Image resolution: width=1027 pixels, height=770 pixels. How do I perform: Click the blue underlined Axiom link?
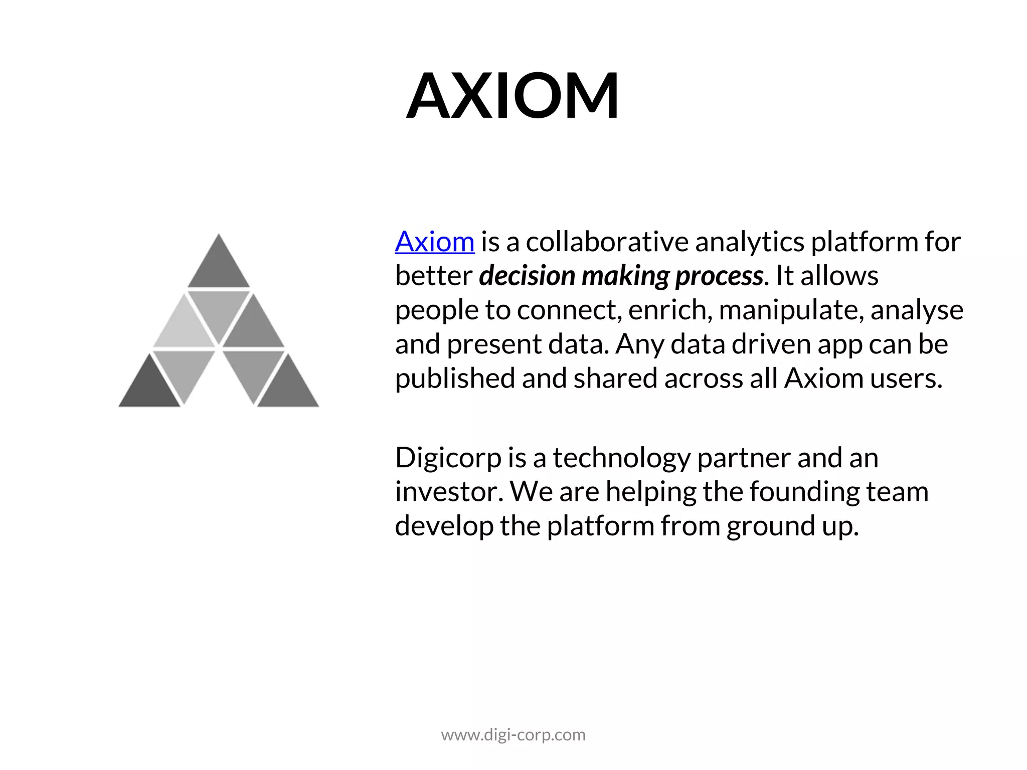pos(434,242)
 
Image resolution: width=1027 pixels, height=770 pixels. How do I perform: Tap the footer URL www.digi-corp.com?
pos(513,735)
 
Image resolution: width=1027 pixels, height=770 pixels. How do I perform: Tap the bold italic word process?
pos(719,276)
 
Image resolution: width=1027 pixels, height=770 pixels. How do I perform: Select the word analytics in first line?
pos(749,242)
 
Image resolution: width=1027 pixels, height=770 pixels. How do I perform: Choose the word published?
pos(455,378)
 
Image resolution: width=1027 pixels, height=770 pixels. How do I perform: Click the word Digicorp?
pos(448,458)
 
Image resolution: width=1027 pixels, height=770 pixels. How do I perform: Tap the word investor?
pos(448,491)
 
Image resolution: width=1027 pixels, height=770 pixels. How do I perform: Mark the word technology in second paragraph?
pos(621,458)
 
